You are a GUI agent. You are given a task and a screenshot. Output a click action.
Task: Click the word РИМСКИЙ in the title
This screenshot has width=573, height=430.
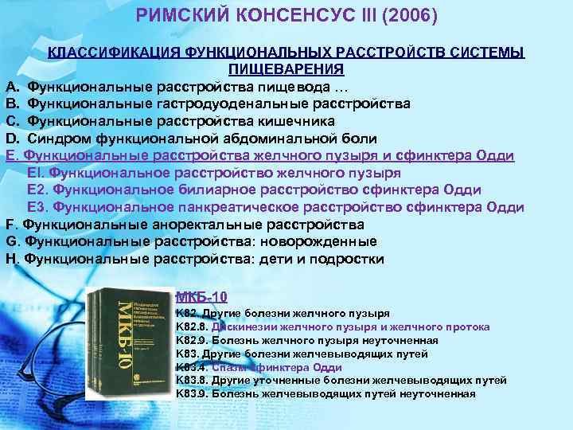coord(177,16)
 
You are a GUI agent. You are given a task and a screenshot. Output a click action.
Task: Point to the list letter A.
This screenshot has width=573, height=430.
coord(11,86)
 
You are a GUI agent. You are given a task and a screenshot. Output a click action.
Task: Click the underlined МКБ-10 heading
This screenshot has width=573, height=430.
coord(201,297)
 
